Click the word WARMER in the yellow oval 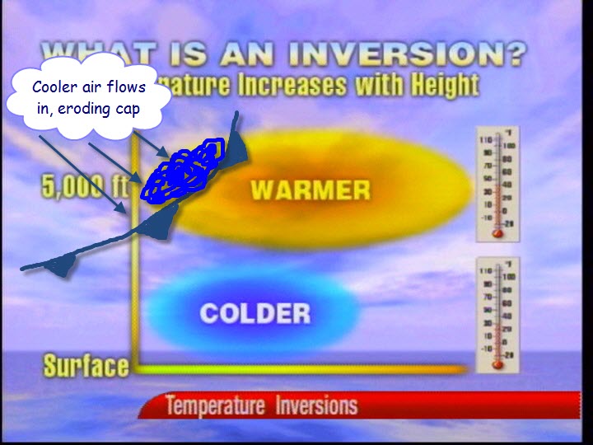click(x=311, y=190)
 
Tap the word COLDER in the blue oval click(x=255, y=313)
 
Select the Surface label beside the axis click(x=86, y=366)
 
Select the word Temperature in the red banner click(x=214, y=406)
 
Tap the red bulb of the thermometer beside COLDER click(x=497, y=363)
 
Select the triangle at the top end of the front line click(x=237, y=148)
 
